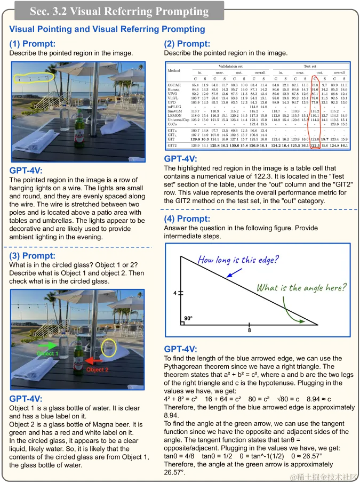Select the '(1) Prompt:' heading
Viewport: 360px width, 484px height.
(32, 44)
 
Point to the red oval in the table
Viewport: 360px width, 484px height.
(315, 114)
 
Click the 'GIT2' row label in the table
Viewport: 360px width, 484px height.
(172, 145)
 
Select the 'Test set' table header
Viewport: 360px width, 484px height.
(310, 66)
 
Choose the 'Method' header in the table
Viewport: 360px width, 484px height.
(174, 70)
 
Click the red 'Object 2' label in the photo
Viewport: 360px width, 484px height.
(97, 369)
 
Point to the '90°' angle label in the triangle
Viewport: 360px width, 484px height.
(188, 318)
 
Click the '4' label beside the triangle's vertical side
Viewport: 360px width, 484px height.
(174, 293)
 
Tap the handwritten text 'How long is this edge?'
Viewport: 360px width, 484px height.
(238, 260)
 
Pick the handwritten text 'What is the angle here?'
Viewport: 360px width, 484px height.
(301, 288)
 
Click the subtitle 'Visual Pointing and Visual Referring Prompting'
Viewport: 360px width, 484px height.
(107, 29)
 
